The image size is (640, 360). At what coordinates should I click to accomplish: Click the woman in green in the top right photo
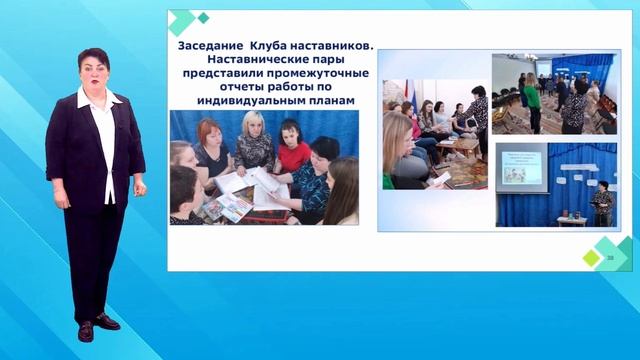[x=530, y=100]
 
